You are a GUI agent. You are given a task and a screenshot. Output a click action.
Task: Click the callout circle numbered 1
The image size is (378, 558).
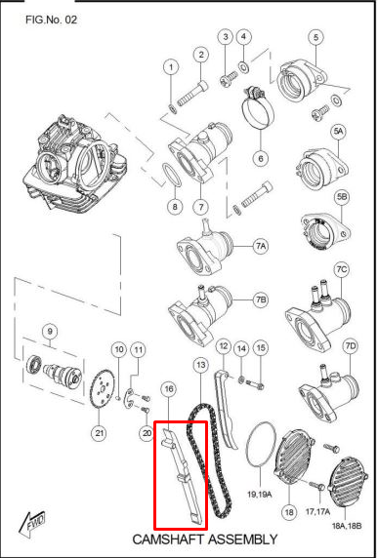click(x=171, y=67)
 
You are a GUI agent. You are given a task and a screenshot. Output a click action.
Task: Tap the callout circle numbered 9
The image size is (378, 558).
click(x=51, y=330)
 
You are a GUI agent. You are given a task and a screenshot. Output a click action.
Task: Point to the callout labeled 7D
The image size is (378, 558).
click(x=351, y=346)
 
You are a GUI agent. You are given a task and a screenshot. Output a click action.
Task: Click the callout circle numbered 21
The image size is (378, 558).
click(x=99, y=433)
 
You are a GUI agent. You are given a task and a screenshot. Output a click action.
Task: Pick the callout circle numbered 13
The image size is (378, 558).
click(x=199, y=364)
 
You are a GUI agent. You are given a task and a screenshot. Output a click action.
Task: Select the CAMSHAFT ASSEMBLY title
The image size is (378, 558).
click(x=205, y=539)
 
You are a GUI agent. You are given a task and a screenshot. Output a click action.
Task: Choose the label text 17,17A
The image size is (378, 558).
click(x=317, y=508)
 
